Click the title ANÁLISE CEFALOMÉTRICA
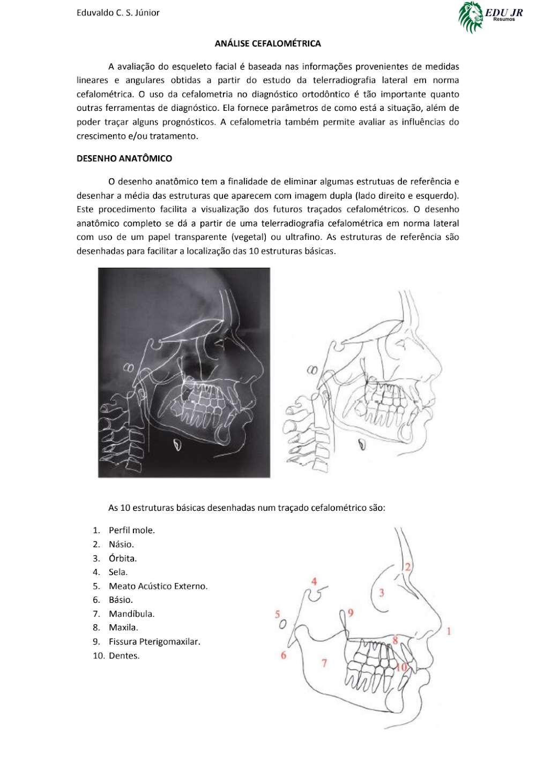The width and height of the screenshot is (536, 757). [267, 43]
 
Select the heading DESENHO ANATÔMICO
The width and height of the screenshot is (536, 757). [124, 158]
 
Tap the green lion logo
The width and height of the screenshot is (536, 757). [471, 17]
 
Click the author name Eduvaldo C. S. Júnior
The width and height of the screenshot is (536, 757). [118, 12]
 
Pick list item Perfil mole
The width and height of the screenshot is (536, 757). [131, 530]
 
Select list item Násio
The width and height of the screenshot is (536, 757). [121, 544]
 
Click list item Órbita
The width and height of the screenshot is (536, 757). [123, 558]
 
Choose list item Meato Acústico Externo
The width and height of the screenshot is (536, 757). [158, 586]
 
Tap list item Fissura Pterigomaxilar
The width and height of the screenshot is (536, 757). [154, 641]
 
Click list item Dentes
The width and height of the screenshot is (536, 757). [124, 655]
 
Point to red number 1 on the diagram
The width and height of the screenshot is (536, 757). [449, 631]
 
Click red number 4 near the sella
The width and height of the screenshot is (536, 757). [314, 581]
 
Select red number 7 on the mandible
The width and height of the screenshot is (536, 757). [324, 663]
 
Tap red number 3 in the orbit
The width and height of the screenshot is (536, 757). [381, 592]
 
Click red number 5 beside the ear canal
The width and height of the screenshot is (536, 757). [278, 614]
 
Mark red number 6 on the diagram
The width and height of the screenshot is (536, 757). [284, 655]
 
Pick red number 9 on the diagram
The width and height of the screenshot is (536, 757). [351, 612]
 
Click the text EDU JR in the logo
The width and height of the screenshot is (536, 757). [504, 12]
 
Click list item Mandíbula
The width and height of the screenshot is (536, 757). [131, 614]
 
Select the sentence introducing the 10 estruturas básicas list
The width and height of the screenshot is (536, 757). [247, 508]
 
